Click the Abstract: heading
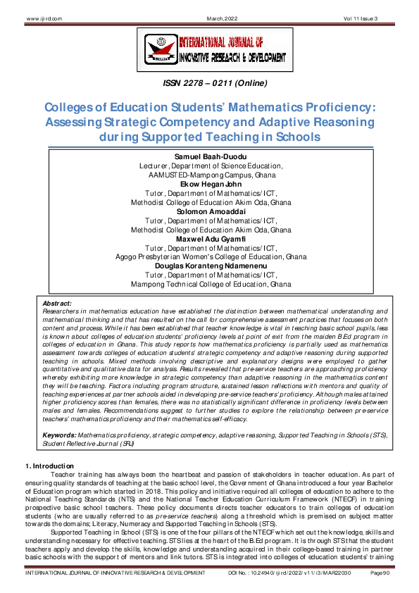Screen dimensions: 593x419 click(58, 302)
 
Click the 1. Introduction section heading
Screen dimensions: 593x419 click(49, 466)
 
